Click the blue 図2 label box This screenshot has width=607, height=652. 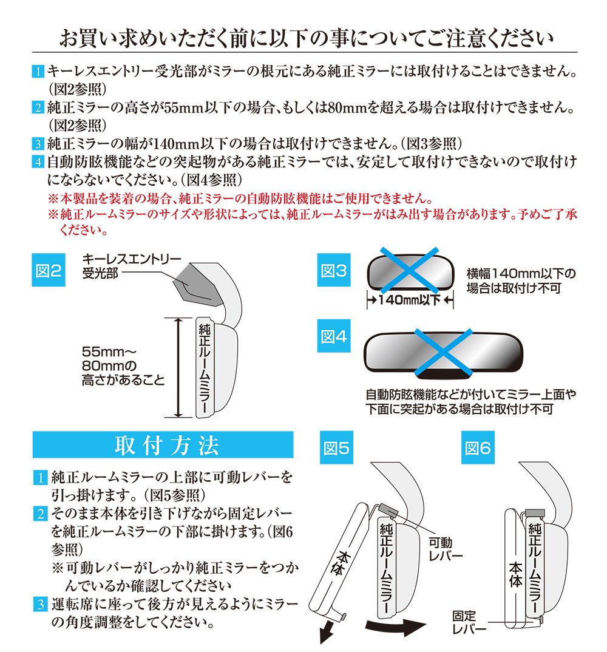(48, 270)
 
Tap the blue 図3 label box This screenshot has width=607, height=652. (334, 270)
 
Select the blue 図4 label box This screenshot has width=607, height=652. (334, 336)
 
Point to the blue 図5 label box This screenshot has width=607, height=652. (336, 447)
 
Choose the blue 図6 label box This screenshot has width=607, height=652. (478, 447)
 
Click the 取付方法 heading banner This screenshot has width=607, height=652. (163, 445)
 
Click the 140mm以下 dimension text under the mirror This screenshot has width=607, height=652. (410, 300)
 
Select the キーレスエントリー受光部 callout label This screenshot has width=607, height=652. (131, 266)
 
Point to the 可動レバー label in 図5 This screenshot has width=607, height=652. (446, 549)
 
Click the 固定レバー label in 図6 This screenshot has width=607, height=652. (469, 622)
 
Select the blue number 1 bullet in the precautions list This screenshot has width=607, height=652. (38, 72)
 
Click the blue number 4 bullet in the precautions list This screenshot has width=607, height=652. (38, 161)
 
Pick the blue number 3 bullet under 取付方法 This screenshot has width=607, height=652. (40, 604)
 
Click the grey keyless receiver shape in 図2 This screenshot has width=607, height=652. (198, 285)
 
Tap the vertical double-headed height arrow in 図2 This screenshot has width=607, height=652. (178, 367)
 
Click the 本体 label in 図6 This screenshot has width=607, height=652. (515, 575)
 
